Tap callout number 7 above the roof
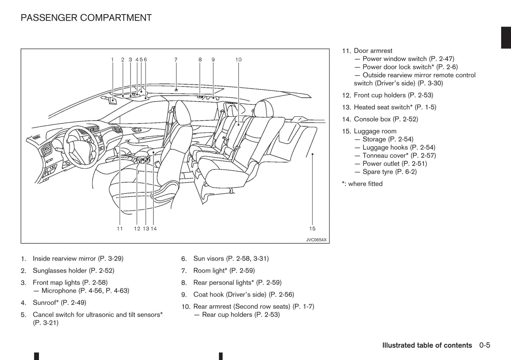coord(176,60)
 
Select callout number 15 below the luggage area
coord(312,229)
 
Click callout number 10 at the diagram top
coord(238,60)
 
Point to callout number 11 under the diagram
coord(120,229)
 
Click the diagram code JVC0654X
coord(316,240)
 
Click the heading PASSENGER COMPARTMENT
coord(86,18)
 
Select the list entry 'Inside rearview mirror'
coord(78,259)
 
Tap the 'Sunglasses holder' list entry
coord(73,271)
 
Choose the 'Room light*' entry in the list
coord(224,271)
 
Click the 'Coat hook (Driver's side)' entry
coord(243,295)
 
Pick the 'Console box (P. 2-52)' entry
coord(386,119)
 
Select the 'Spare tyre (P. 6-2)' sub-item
coord(389,172)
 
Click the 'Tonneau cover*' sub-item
coord(399,156)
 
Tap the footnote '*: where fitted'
coord(362,184)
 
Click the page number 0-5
coord(484,345)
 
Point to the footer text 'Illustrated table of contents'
coord(427,345)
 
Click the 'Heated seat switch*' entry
coord(395,107)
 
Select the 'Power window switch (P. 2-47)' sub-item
coord(408,59)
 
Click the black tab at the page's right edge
coord(506,37)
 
